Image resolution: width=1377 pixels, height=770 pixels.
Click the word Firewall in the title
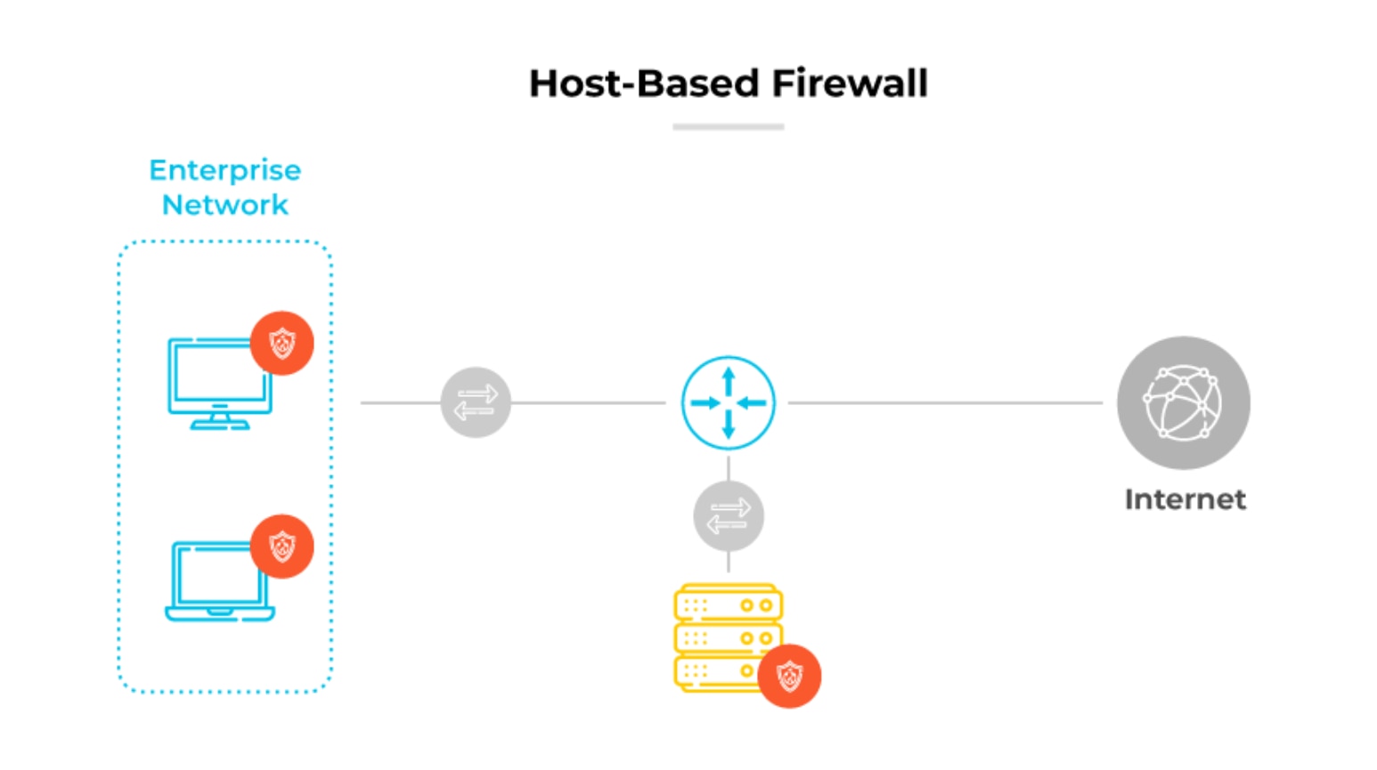[850, 84]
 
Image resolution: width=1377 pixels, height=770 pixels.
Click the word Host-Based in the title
[644, 84]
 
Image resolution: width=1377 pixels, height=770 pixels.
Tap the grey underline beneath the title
[728, 127]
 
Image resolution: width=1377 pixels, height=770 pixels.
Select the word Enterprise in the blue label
[224, 170]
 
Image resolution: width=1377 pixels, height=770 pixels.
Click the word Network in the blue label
[224, 205]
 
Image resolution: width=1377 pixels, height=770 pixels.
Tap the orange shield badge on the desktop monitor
[281, 343]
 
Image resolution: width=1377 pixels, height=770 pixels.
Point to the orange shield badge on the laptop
[281, 546]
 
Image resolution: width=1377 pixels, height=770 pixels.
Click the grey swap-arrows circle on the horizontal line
[476, 402]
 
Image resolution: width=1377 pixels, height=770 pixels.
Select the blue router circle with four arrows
[728, 402]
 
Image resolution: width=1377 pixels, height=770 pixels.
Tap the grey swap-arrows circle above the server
[728, 516]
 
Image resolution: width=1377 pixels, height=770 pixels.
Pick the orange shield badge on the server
[789, 677]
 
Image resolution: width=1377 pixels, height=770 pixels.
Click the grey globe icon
[1183, 402]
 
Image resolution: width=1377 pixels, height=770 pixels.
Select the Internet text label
[1185, 499]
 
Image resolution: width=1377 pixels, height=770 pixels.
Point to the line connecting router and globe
[944, 402]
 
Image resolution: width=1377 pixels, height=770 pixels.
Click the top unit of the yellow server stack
[728, 604]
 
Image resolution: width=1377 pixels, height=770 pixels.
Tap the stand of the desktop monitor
[219, 419]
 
